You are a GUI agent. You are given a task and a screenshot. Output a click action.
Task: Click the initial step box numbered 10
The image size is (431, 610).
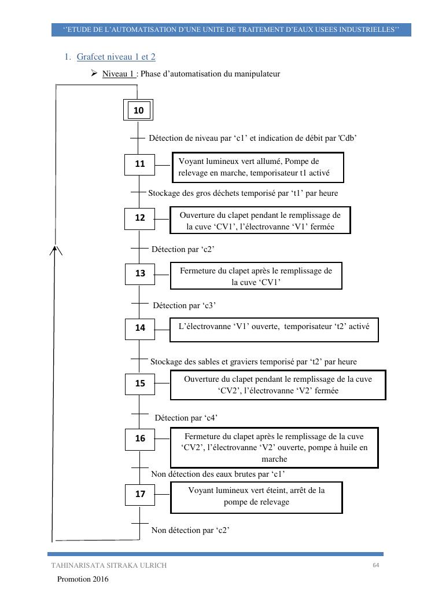coord(138,110)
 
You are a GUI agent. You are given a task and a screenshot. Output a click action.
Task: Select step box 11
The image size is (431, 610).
coord(140,165)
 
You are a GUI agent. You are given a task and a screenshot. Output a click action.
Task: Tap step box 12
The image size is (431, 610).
coord(140,218)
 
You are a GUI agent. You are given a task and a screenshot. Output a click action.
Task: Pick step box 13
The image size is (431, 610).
coord(140,273)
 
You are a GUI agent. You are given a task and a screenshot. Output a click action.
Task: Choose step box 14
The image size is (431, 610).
coord(140,328)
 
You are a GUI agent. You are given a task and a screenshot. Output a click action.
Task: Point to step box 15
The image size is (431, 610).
coord(140,383)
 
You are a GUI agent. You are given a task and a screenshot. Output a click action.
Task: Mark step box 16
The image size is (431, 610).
coord(140,439)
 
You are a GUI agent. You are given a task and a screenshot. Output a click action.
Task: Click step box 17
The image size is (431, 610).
coord(140,494)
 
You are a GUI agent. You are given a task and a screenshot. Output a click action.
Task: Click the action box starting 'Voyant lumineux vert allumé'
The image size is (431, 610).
coord(257,167)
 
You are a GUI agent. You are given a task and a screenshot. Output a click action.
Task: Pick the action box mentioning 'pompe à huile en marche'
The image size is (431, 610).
coord(274,447)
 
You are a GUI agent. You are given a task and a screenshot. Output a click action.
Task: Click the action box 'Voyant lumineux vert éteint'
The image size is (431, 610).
coord(256,496)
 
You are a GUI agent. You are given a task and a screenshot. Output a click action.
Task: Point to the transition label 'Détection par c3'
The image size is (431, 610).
coord(184,305)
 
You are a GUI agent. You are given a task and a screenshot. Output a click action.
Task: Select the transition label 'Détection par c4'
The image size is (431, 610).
coord(186,417)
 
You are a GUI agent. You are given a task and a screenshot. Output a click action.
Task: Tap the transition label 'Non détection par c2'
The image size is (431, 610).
coord(190,529)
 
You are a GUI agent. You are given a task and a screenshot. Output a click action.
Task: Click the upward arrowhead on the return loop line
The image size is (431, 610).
coord(55,250)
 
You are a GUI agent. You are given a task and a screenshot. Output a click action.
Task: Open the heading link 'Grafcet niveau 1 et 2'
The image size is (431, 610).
coord(116,57)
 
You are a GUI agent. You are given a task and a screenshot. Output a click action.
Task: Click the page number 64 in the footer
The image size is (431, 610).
coord(375,565)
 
